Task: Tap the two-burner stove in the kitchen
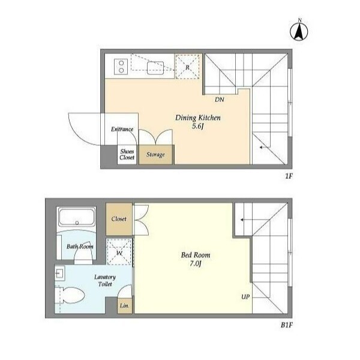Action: click(x=121, y=67)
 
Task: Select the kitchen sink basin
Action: click(x=155, y=67)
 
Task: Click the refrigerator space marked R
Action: click(x=187, y=67)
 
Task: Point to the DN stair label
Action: click(x=220, y=100)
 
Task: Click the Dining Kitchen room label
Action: click(x=197, y=118)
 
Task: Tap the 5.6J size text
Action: click(x=198, y=126)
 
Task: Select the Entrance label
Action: click(x=122, y=129)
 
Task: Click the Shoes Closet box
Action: click(x=127, y=155)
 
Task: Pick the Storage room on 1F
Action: click(x=155, y=155)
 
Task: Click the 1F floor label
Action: click(x=289, y=176)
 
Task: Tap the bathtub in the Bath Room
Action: click(x=77, y=217)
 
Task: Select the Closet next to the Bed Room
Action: click(x=119, y=219)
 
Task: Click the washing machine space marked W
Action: click(x=119, y=252)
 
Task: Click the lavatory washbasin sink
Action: click(x=60, y=273)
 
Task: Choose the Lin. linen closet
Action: click(x=125, y=306)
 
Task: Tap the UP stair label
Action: click(x=245, y=297)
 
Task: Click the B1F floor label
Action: click(x=287, y=325)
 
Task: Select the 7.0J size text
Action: click(x=196, y=263)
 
